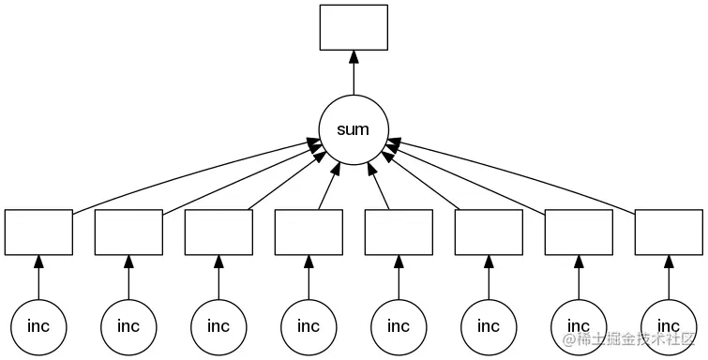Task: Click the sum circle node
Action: (x=354, y=129)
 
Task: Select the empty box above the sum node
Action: (x=354, y=27)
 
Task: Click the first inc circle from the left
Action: (x=38, y=326)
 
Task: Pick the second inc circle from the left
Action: (x=128, y=326)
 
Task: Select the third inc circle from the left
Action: (x=218, y=326)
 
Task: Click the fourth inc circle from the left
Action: (x=309, y=326)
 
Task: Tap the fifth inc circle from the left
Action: (x=399, y=326)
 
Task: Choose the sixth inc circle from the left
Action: (x=489, y=326)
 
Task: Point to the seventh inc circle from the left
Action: (x=579, y=326)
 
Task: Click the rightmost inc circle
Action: (x=669, y=326)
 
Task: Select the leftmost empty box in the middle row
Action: (x=38, y=232)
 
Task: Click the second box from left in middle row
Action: (x=128, y=232)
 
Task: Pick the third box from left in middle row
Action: (x=218, y=232)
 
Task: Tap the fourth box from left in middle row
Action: (x=309, y=232)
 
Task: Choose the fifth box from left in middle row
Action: (x=399, y=232)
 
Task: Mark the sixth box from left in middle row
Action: (x=489, y=232)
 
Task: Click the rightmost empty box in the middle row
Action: (x=669, y=232)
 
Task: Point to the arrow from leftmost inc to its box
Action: (x=38, y=277)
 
